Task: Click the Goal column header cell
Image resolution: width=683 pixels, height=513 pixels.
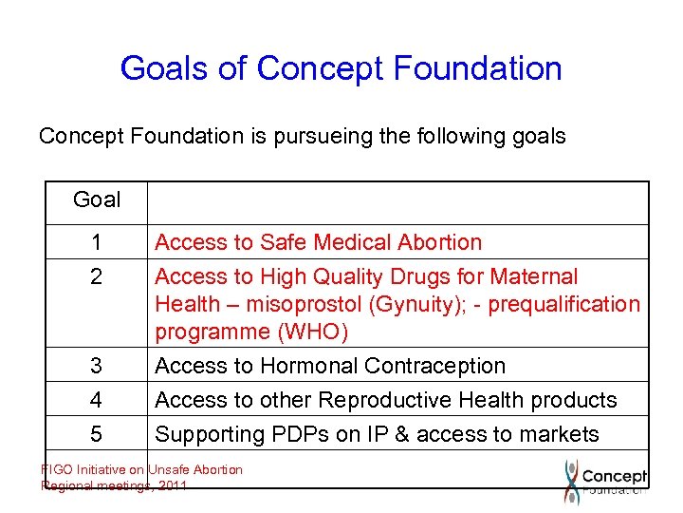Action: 97,200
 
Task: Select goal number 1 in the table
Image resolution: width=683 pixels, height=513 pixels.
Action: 97,243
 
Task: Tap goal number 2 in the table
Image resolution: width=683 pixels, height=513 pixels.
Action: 97,277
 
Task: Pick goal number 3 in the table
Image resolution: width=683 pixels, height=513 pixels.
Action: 97,367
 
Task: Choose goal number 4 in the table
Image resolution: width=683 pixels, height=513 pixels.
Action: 97,401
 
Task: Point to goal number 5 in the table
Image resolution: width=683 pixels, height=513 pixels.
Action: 97,435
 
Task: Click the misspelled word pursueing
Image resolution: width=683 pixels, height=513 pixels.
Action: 318,137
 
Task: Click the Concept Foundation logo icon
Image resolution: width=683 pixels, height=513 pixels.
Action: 571,481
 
